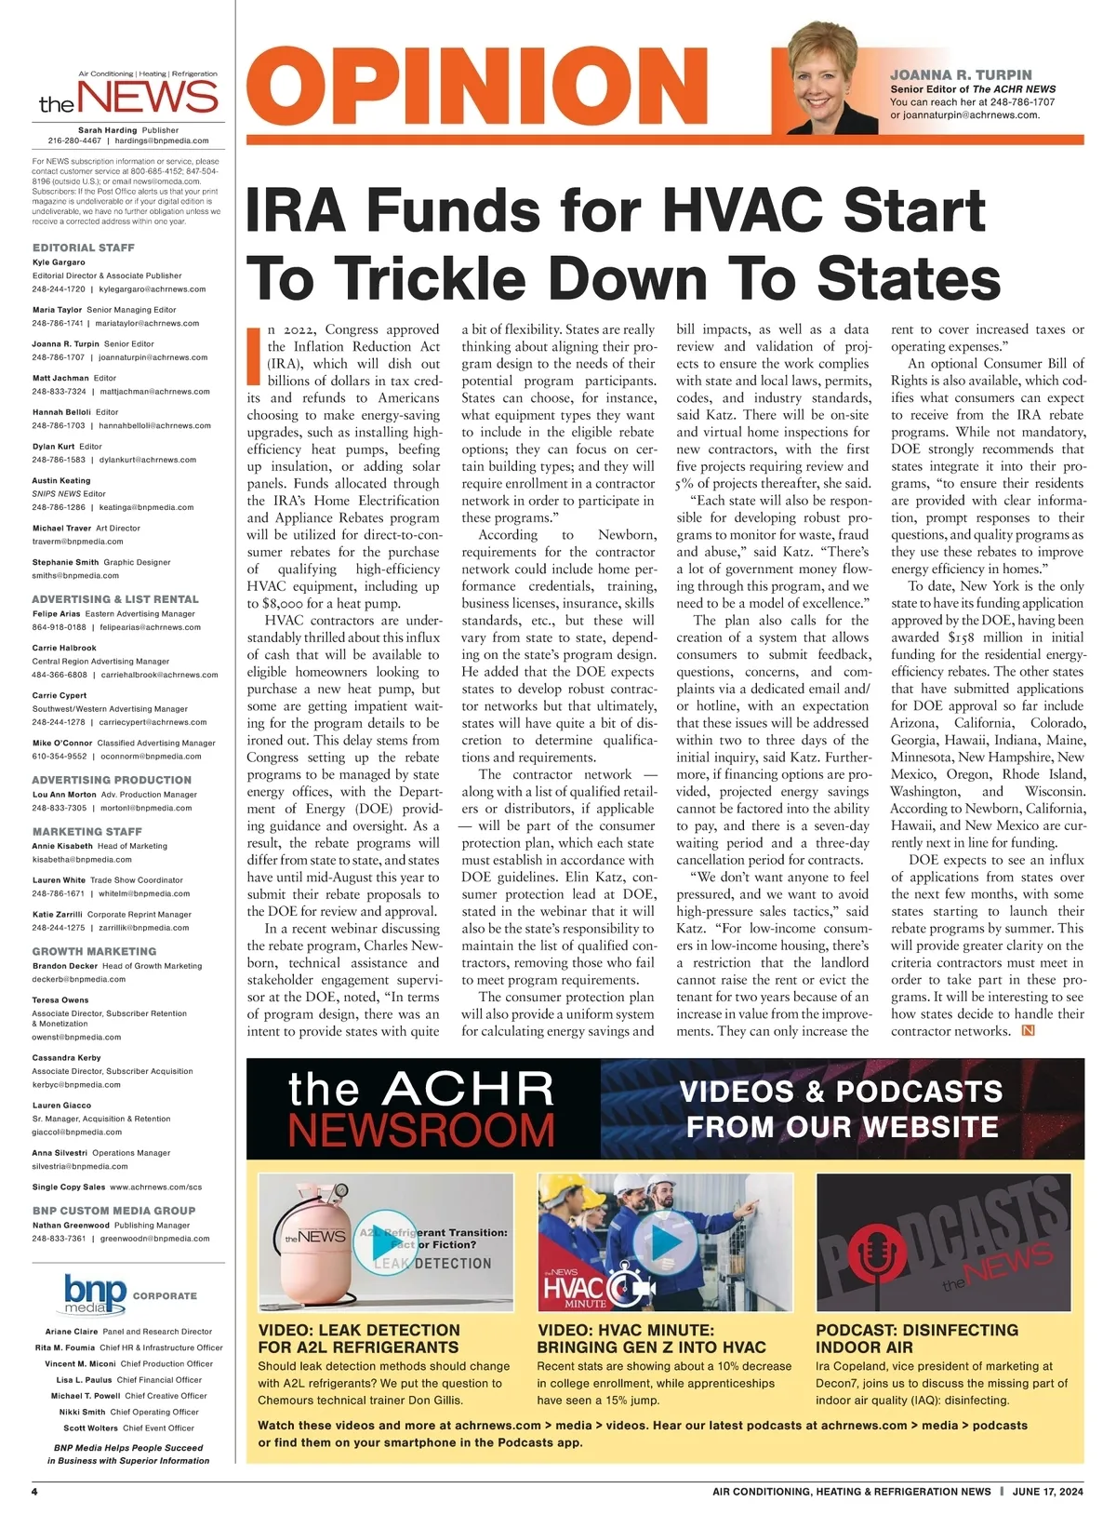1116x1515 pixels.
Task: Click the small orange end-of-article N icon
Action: click(1028, 1030)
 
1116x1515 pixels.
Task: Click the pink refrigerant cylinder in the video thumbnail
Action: click(317, 1247)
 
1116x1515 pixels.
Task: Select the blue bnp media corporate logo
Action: click(95, 1294)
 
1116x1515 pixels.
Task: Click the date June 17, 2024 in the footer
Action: click(1048, 1492)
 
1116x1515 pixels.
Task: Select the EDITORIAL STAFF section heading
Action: click(84, 248)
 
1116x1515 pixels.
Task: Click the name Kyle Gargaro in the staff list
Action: click(59, 262)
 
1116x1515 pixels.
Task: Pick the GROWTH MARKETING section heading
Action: click(94, 951)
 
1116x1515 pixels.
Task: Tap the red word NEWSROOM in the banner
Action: click(421, 1130)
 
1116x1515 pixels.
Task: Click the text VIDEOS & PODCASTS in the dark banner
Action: click(841, 1092)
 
